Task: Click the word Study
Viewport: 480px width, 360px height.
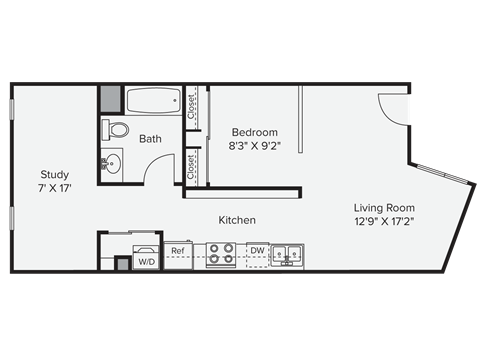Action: tap(55, 172)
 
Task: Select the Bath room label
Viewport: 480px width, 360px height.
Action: tap(150, 139)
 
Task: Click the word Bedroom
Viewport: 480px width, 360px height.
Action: tap(254, 132)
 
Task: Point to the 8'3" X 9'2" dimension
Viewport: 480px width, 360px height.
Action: tap(254, 146)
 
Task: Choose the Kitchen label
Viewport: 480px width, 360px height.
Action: tap(237, 220)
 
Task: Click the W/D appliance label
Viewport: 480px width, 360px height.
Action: tap(145, 262)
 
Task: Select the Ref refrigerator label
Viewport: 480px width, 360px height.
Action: tap(178, 251)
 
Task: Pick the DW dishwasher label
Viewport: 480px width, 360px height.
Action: tap(257, 251)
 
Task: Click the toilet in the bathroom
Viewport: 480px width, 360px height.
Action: tap(116, 130)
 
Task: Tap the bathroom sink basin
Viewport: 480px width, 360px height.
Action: tap(111, 163)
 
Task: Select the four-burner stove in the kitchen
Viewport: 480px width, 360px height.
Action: tap(220, 256)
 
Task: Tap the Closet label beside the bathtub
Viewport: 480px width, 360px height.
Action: tap(192, 106)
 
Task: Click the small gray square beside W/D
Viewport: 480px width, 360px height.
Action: tap(123, 263)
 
